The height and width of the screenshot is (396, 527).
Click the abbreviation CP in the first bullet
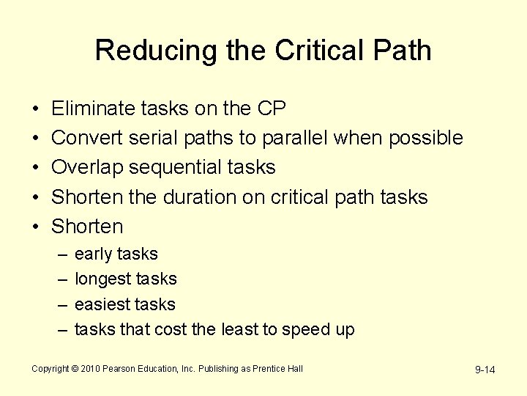click(271, 109)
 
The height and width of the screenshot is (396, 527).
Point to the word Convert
click(88, 138)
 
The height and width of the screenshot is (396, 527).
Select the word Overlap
click(88, 168)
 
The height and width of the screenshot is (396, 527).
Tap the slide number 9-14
click(485, 370)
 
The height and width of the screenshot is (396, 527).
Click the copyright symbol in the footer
click(75, 369)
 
